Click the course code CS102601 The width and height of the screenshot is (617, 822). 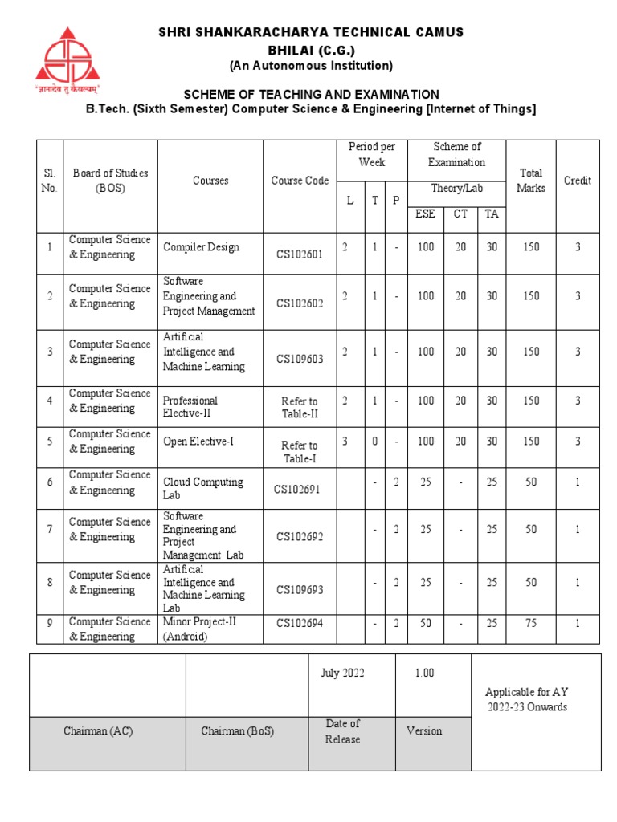[x=300, y=255]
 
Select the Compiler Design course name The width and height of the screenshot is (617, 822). [x=201, y=247]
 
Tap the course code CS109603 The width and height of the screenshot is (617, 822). [x=300, y=359]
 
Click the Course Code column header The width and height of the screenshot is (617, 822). [x=300, y=181]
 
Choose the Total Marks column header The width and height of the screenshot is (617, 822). [x=531, y=181]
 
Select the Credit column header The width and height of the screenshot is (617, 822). [x=577, y=181]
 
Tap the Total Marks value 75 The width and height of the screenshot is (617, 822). [x=531, y=621]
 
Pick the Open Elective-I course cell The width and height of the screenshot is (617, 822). [x=198, y=442]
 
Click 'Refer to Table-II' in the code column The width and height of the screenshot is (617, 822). [x=300, y=408]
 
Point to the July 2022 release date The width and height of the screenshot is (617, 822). [x=342, y=673]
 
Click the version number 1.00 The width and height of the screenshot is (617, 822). [x=424, y=673]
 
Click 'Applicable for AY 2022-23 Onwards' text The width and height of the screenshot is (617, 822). [x=527, y=699]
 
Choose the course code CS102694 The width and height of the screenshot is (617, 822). [x=300, y=622]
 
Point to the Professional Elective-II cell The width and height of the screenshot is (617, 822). [x=190, y=407]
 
